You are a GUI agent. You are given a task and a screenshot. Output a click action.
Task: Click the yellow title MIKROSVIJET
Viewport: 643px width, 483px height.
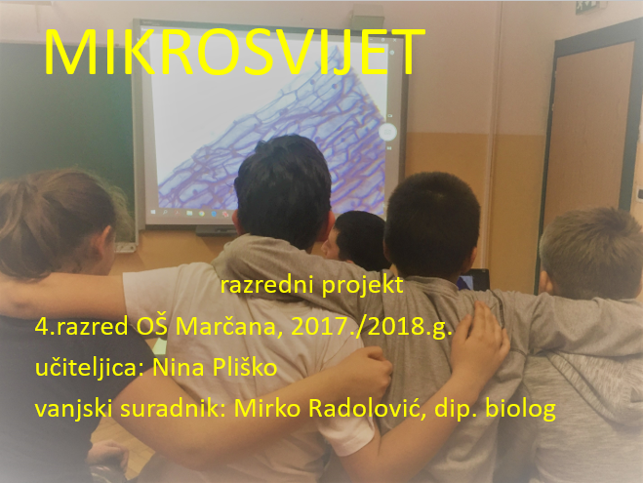pos(234,52)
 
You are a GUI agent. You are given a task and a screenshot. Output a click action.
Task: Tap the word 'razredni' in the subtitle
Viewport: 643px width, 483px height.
pos(267,285)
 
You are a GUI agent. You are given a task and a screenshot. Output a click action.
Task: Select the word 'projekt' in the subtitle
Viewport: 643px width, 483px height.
pos(363,286)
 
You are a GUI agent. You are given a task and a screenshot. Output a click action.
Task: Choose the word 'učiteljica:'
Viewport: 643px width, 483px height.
pos(90,367)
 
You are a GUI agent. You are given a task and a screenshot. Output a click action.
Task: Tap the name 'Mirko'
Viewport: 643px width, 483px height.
pos(267,408)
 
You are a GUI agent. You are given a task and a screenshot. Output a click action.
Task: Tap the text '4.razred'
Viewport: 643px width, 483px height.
pos(81,327)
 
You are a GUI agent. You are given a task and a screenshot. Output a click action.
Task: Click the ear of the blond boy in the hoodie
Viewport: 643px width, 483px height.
pos(545,283)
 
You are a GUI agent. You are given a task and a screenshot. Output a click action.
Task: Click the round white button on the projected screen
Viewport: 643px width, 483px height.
pos(387,132)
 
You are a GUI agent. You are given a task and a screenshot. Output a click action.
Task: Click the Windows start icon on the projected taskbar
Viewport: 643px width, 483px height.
pos(153,213)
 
